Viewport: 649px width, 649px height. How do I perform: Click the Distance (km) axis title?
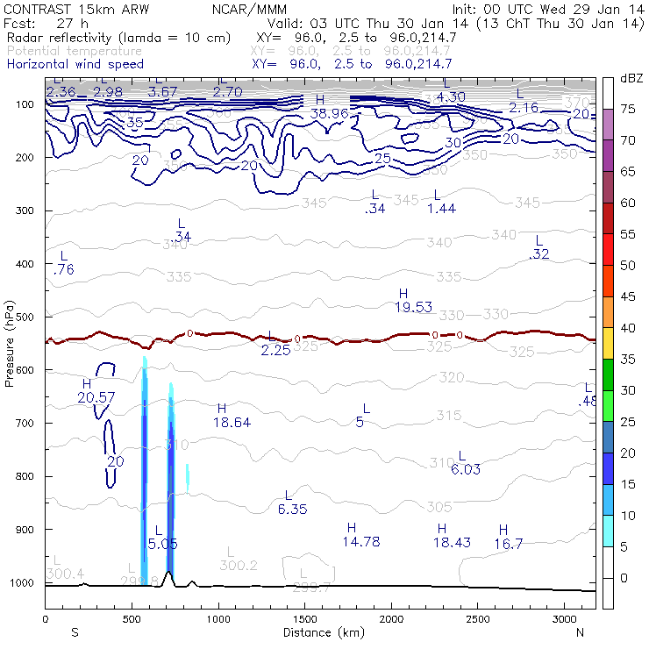320,632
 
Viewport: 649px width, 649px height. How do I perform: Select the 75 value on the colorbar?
628,109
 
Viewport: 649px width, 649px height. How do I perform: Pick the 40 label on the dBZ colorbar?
628,327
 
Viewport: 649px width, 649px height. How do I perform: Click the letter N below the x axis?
580,632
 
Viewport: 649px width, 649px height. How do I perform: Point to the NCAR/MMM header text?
249,9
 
